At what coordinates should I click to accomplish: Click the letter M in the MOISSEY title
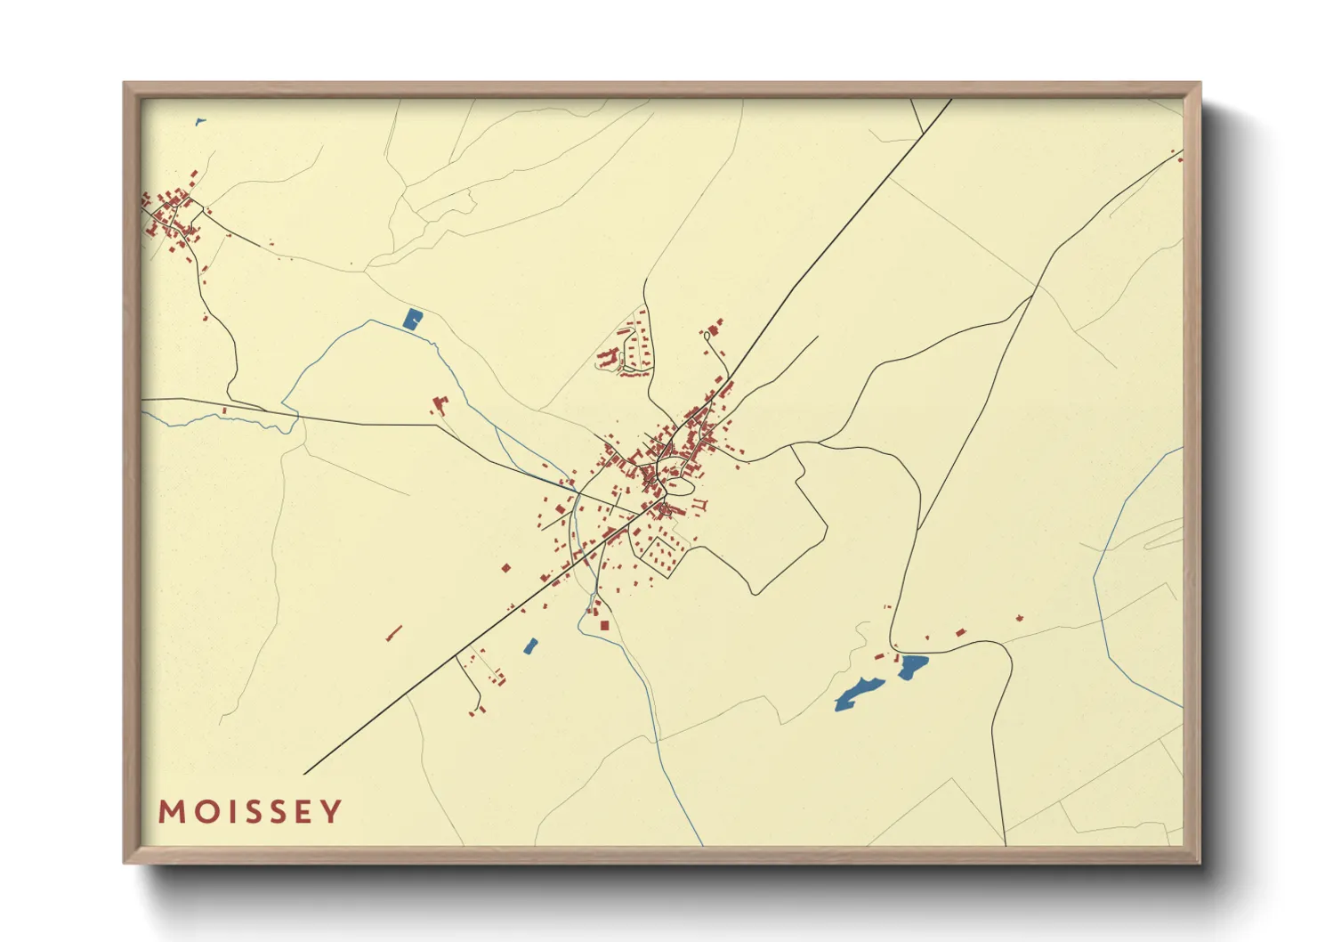coord(172,812)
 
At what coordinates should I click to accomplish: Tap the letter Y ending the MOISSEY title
coord(331,812)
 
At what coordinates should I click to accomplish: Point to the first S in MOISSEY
coord(255,812)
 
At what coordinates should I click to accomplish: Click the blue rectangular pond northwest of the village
coord(412,319)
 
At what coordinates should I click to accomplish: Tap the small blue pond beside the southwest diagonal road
coord(530,646)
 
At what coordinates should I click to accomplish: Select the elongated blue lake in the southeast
coord(858,694)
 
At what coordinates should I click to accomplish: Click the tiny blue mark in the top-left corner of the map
coord(199,122)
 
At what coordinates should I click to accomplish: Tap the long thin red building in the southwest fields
coord(394,633)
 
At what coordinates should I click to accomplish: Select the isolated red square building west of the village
coord(506,567)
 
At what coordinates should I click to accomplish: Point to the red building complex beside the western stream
coord(439,405)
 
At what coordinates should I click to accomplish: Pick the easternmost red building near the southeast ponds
coord(1020,618)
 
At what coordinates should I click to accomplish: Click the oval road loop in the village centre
coord(680,486)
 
